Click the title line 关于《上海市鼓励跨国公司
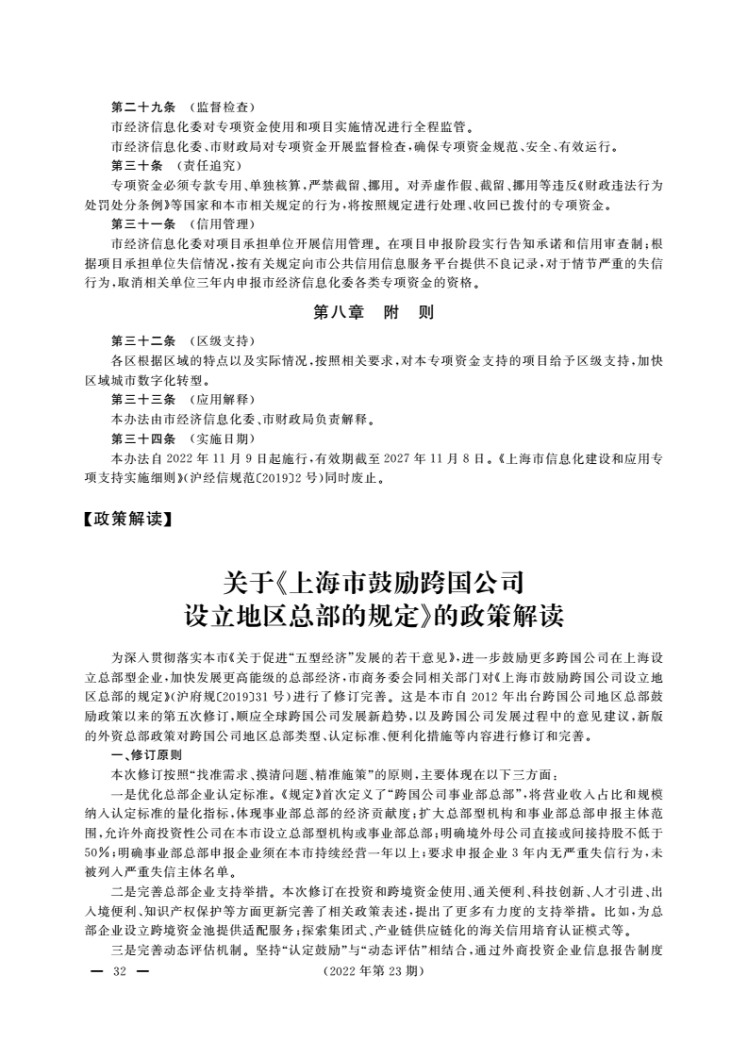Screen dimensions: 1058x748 [x=374, y=580]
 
